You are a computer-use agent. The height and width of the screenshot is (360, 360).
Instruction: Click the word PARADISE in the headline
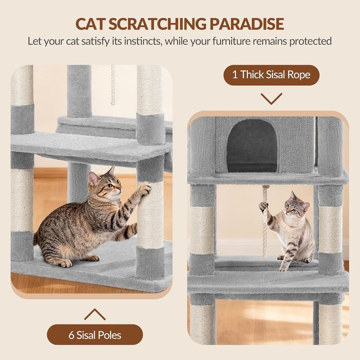pos(247,24)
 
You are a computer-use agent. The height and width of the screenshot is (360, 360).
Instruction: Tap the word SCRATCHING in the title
pos(157,24)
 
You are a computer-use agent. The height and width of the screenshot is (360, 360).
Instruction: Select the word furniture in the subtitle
pos(231,41)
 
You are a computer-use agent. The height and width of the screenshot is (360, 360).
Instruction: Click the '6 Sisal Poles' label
pos(95,335)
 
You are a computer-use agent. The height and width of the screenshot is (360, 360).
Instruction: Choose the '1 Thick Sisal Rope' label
pos(272,75)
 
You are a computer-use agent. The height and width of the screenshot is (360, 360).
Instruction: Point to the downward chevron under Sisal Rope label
pos(272,99)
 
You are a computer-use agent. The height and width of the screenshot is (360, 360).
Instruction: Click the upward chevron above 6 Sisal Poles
pos(95,315)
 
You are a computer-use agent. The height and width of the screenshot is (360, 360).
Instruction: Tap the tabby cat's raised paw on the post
pos(146,189)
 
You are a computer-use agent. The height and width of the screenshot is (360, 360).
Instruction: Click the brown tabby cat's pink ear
pos(93,178)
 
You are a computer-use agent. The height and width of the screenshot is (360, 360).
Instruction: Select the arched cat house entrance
pos(252,146)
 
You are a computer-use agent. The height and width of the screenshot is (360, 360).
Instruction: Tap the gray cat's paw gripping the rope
pos(263,206)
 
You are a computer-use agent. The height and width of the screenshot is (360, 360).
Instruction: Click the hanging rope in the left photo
pos(113,85)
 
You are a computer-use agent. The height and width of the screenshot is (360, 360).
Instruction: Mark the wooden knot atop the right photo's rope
pos(265,187)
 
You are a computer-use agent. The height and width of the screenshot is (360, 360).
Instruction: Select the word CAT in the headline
pos(90,24)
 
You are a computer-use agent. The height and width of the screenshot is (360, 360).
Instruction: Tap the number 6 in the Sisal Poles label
pos(71,335)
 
